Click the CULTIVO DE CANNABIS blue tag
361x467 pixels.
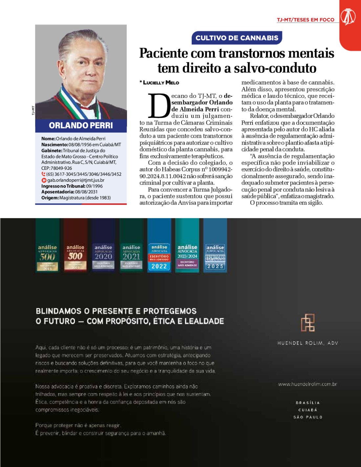coord(237,38)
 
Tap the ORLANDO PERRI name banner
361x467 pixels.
coord(81,125)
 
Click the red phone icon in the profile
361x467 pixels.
coord(44,174)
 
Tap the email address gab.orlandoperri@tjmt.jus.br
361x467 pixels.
coord(76,180)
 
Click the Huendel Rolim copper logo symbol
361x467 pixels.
coord(308,322)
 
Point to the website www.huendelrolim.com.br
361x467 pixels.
coord(308,384)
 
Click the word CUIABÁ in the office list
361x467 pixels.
coord(308,410)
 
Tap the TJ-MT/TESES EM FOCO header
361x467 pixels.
coord(306,20)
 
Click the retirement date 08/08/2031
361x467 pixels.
coord(86,192)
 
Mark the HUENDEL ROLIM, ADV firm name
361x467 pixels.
coord(308,343)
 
